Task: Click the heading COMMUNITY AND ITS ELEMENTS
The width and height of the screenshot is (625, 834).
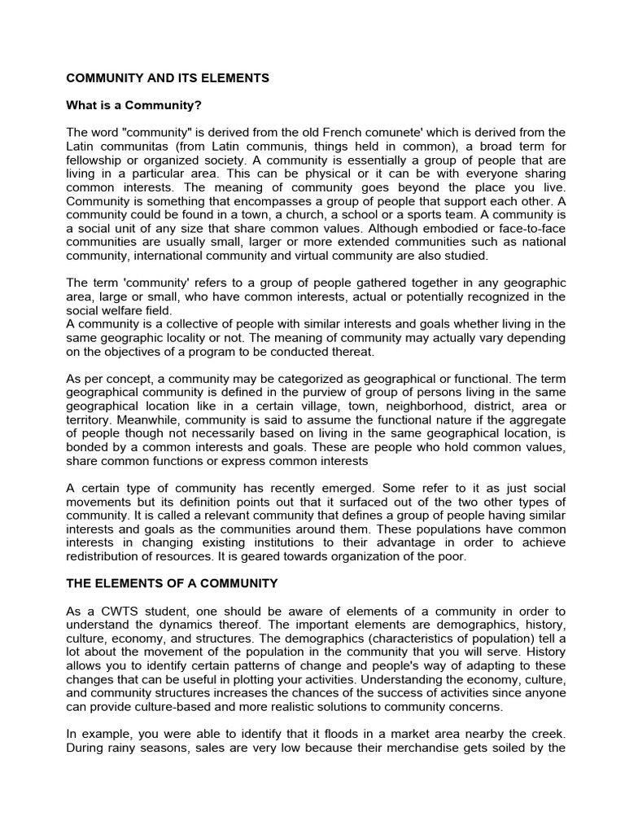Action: point(167,78)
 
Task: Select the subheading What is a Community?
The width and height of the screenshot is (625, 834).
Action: point(133,106)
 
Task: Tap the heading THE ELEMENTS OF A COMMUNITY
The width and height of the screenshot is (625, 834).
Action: point(172,583)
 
